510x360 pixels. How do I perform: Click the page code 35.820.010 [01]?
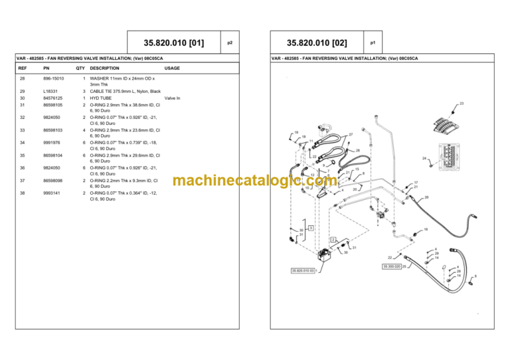coord(169,43)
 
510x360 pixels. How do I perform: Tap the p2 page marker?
coord(230,43)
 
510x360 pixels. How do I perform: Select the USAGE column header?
coord(172,68)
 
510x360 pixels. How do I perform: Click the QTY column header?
coord(80,68)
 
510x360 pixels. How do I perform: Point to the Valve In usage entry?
coord(172,98)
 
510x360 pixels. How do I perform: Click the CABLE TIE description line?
coord(125,92)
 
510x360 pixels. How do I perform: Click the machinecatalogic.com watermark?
coord(255,181)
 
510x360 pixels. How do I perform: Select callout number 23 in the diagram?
coord(461,104)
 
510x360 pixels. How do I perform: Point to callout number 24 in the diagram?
coord(424,158)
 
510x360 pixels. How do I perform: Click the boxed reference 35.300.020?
coord(391,266)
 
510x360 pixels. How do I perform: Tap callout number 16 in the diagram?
coord(425,230)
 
